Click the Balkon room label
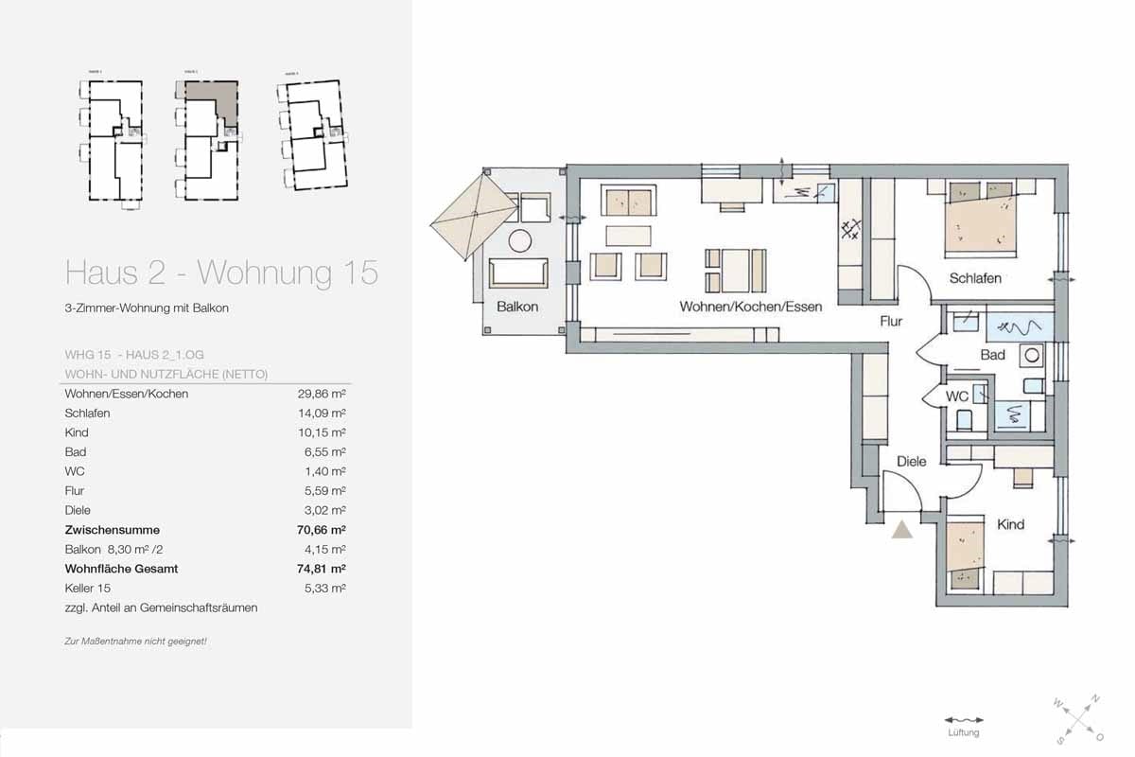[517, 307]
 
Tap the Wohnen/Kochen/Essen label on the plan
[750, 307]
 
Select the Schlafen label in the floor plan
[975, 278]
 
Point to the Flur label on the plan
[891, 322]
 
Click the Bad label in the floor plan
[992, 356]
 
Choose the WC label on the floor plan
[957, 396]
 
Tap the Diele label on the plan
[911, 462]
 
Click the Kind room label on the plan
[1010, 524]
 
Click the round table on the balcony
[519, 241]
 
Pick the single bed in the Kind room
[966, 556]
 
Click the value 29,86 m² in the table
[321, 394]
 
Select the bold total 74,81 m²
[321, 569]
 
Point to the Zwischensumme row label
[112, 530]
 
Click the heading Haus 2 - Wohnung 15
[221, 273]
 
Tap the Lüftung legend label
[963, 733]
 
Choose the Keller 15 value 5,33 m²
[324, 589]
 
